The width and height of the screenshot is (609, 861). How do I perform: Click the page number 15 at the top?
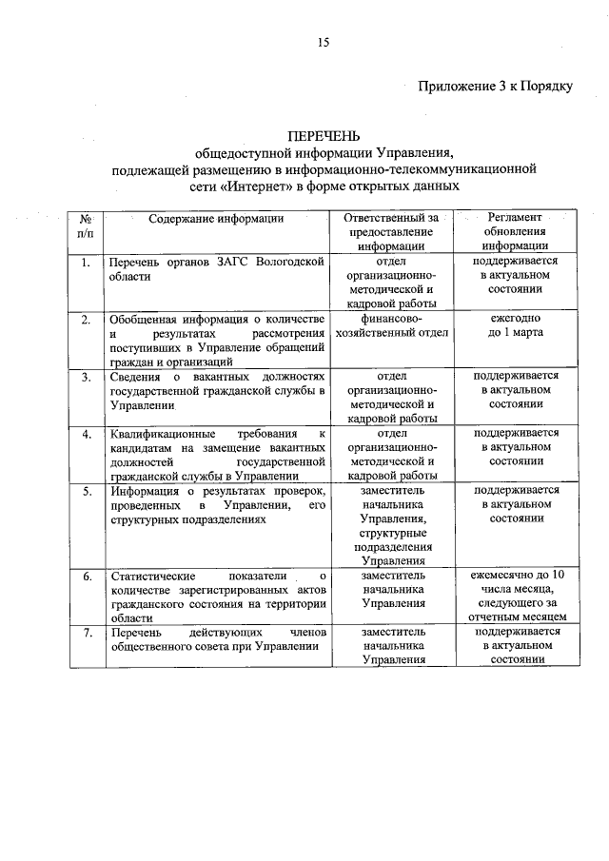click(x=324, y=41)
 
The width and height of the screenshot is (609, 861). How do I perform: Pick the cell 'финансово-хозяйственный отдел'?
click(x=392, y=325)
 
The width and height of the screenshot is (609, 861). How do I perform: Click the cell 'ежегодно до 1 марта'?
click(x=513, y=325)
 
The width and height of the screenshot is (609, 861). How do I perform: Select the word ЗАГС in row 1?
click(x=231, y=261)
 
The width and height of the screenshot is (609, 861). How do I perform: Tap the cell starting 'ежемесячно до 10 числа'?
click(x=513, y=597)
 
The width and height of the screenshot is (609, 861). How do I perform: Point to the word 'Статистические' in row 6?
click(x=153, y=576)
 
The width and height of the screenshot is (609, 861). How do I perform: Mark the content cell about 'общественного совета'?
click(x=216, y=640)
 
